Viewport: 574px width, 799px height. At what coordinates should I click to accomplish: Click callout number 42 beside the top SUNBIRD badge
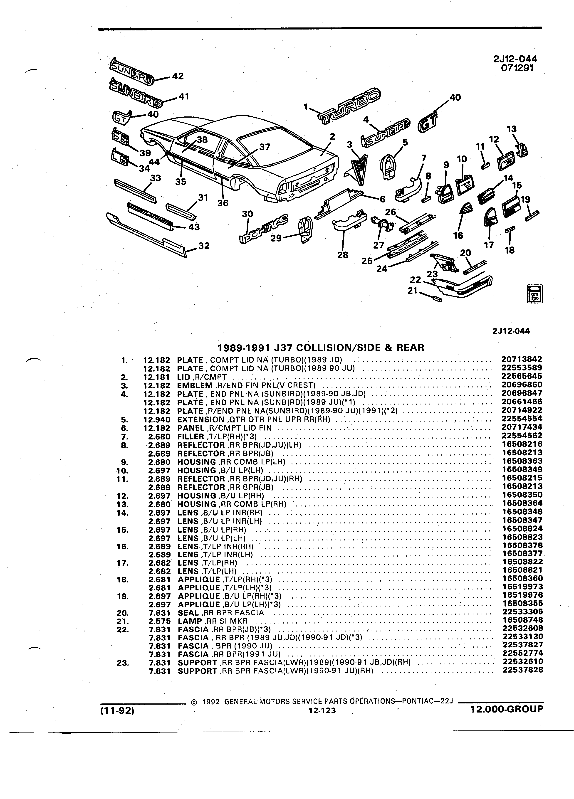point(178,76)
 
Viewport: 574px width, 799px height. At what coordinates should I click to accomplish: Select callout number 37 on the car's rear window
point(265,147)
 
